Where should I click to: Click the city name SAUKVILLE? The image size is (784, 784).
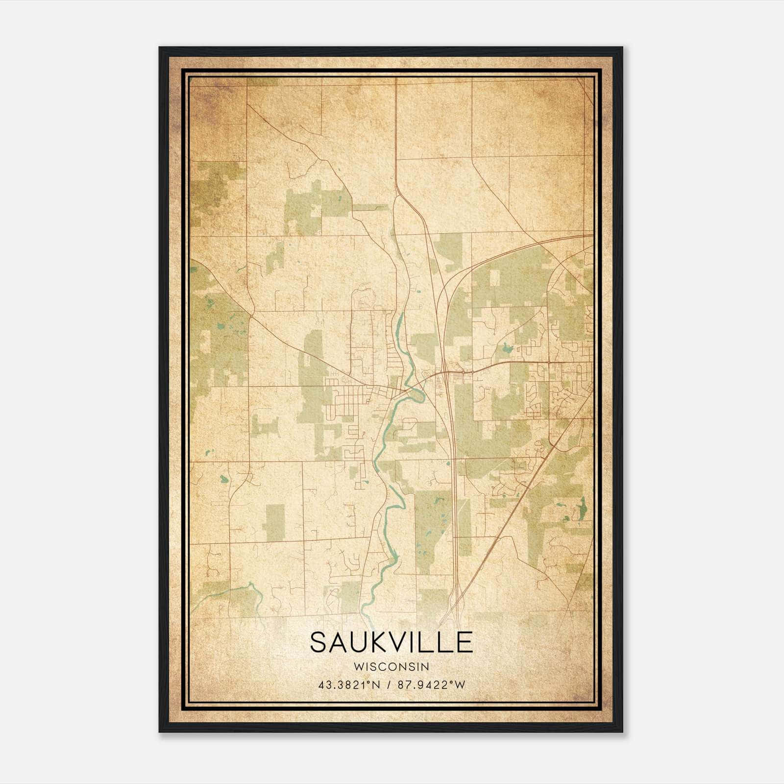click(391, 642)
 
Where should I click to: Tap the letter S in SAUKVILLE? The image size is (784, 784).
click(319, 642)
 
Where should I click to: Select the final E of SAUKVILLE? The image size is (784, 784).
click(464, 642)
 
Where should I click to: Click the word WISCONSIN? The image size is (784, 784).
click(391, 667)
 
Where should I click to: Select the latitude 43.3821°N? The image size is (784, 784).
click(349, 685)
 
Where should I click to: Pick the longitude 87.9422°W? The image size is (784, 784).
click(431, 685)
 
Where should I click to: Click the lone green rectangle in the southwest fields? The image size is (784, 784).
click(275, 522)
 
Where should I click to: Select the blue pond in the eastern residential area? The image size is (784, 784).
click(505, 348)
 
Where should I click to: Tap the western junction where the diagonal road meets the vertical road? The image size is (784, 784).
click(250, 313)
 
